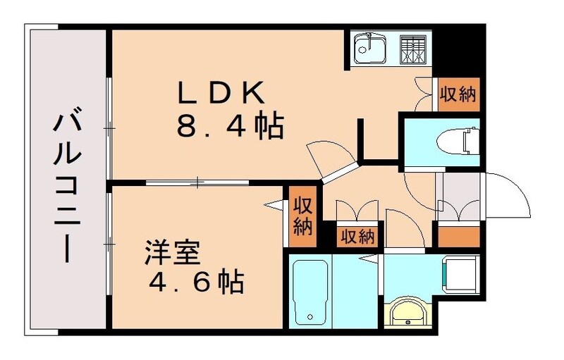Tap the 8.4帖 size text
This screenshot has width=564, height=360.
coord(229,128)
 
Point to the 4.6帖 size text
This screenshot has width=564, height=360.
coord(195,283)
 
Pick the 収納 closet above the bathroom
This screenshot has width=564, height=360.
coord(357,236)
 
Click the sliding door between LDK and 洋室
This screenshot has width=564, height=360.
coord(197,183)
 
